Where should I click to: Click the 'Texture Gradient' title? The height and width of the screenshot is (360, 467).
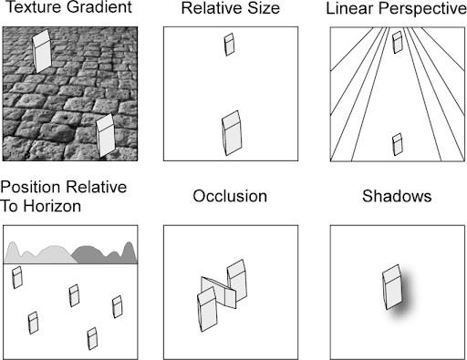(x=69, y=10)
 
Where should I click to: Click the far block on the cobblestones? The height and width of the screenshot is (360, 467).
(x=42, y=50)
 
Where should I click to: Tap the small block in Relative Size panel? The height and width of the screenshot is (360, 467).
(x=230, y=45)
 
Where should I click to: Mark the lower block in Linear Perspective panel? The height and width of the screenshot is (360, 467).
(x=397, y=144)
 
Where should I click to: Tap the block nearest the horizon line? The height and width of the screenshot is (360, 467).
(x=17, y=277)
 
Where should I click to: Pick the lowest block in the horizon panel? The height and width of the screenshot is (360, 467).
(x=91, y=338)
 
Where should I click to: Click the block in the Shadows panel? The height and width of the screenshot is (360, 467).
(x=390, y=287)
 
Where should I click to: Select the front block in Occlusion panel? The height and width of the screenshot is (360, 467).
(x=206, y=307)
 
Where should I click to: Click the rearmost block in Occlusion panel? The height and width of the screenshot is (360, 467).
(x=237, y=277)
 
